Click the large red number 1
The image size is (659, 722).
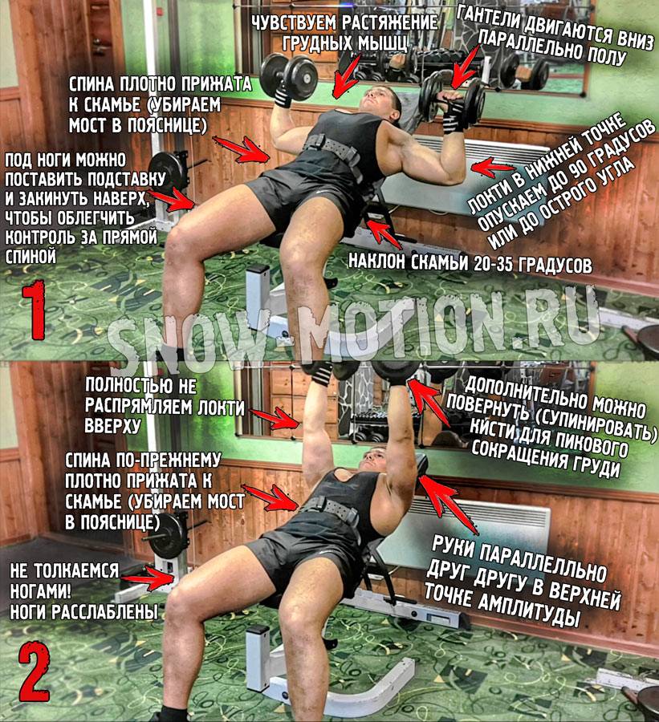[x=34, y=310]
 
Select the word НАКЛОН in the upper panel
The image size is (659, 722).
[x=376, y=261]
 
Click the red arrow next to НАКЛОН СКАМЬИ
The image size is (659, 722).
[x=384, y=235]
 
